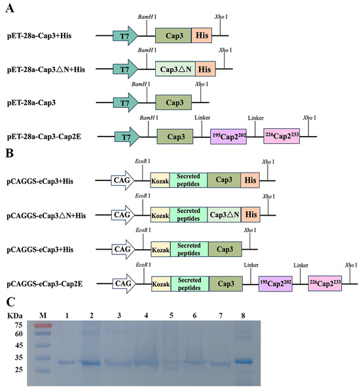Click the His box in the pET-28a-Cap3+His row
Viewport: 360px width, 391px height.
[x=202, y=36]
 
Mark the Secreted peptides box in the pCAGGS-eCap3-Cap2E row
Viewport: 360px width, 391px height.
[x=190, y=283]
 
